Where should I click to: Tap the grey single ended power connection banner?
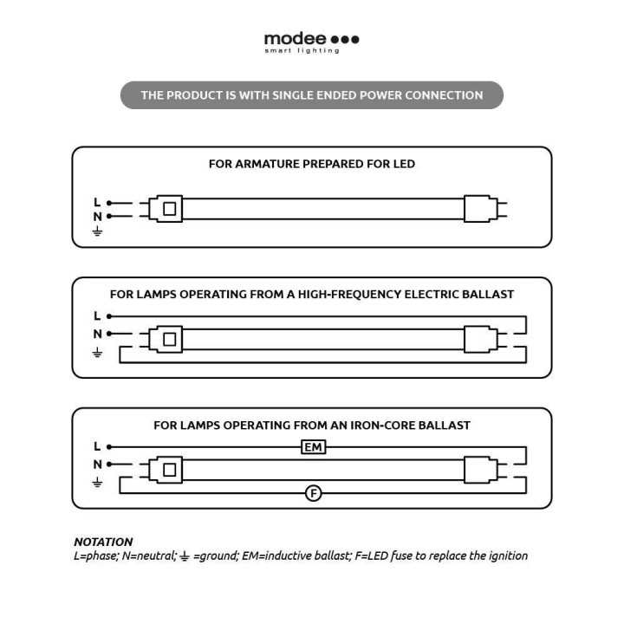(x=312, y=95)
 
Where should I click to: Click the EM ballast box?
(x=313, y=447)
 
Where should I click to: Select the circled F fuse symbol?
(x=313, y=493)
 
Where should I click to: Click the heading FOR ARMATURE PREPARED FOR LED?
(x=312, y=164)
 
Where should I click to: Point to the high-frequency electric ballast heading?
(x=312, y=294)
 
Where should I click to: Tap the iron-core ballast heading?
(x=312, y=425)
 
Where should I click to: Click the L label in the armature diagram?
(x=97, y=202)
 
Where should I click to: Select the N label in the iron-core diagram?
(x=97, y=464)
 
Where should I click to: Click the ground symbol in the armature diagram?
(x=97, y=231)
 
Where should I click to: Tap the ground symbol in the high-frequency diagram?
(x=97, y=353)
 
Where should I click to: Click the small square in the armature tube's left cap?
(x=170, y=209)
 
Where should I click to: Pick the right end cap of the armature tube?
(x=481, y=209)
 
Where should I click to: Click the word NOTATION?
(x=103, y=542)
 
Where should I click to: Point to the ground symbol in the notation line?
(x=185, y=556)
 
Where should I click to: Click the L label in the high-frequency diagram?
(x=97, y=316)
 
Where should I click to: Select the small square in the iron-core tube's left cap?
(x=170, y=470)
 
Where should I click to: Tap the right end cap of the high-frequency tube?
(x=481, y=340)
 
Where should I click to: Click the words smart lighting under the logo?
(x=302, y=50)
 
